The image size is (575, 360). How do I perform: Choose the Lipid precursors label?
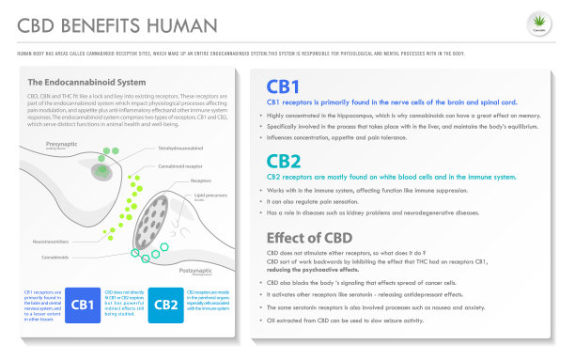pyautogui.click(x=210, y=195)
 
